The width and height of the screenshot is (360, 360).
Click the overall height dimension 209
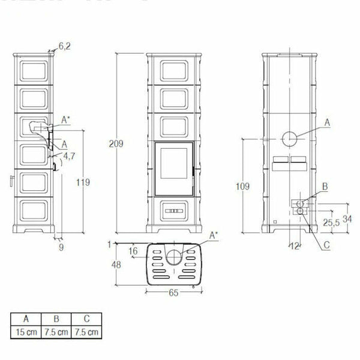click(x=118, y=143)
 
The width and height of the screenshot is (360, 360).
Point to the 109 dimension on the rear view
click(x=242, y=187)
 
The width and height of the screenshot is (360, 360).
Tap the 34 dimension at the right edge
click(x=347, y=218)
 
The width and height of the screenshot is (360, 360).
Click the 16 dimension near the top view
click(x=133, y=250)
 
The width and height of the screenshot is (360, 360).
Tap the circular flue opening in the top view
click(x=173, y=256)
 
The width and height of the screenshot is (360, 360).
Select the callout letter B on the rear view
click(x=325, y=187)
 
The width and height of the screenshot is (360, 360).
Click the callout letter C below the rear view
click(x=326, y=245)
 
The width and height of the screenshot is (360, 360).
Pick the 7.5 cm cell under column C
click(x=86, y=331)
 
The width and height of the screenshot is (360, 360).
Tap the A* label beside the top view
click(x=214, y=236)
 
